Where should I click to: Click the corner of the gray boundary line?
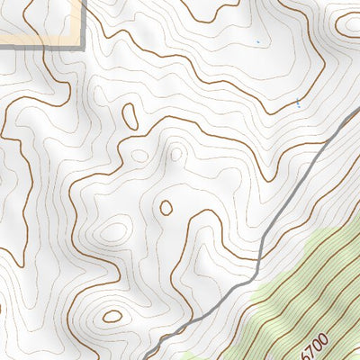coord(84,46)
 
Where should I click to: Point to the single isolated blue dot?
coord(257,41)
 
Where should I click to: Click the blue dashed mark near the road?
coord(299,103)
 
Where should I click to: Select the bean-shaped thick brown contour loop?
coord(130,116)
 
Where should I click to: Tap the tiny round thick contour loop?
coord(166,208)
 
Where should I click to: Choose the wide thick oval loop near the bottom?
coord(112,316)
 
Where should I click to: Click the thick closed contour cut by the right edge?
coord(349,24)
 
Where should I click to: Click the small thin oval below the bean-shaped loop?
coord(139,155)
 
